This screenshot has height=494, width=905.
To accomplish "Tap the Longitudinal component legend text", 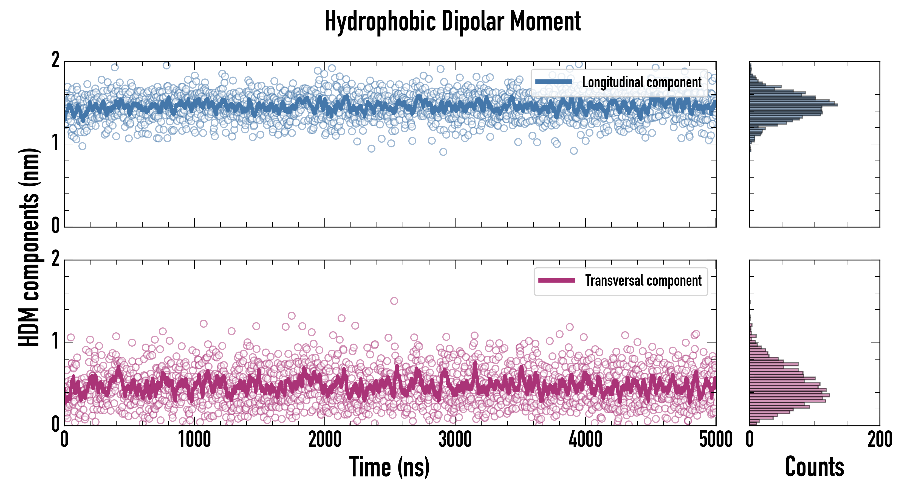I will tap(641, 82).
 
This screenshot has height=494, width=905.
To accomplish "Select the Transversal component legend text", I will tap(643, 280).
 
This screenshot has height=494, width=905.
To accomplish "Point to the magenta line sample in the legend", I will tap(556, 280).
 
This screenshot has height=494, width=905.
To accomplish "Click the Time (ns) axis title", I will tap(389, 467).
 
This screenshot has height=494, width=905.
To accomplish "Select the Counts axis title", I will tap(814, 467).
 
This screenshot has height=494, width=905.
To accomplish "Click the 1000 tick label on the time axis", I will tap(194, 439).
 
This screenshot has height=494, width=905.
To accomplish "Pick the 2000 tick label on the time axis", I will tap(325, 439).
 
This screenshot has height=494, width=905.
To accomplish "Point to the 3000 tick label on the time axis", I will tap(455, 439).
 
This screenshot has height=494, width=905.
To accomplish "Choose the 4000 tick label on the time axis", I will tap(585, 439).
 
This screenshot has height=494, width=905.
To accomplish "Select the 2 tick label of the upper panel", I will tap(55, 60).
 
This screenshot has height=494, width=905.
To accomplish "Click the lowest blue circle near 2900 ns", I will tap(443, 152).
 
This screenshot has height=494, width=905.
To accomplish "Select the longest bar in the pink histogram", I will tap(790, 395).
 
